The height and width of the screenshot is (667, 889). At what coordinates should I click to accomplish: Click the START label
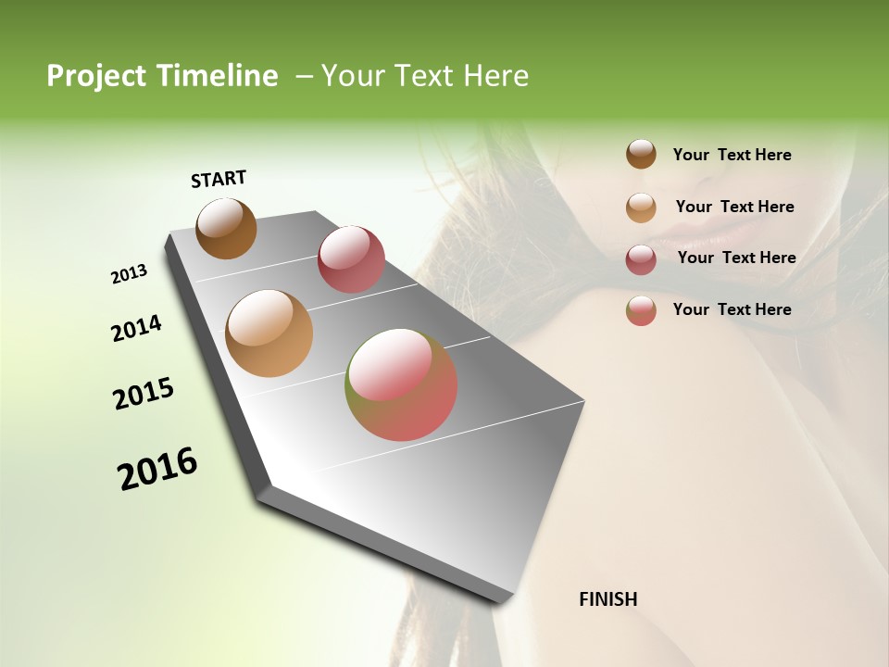click(219, 179)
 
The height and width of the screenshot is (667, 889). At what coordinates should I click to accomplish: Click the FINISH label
click(607, 599)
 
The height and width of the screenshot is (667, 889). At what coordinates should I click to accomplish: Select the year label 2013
click(130, 274)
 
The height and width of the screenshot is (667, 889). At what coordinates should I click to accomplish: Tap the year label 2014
click(137, 328)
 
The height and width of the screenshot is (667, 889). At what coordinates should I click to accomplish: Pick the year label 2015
click(144, 393)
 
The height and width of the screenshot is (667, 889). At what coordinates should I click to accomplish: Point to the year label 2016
click(157, 469)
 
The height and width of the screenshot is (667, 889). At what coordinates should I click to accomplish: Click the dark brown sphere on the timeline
click(226, 228)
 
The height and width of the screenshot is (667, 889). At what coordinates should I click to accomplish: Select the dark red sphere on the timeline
click(351, 259)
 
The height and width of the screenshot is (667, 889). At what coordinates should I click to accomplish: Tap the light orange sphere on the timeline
click(269, 333)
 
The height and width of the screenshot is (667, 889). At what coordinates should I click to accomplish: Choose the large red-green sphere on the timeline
click(401, 384)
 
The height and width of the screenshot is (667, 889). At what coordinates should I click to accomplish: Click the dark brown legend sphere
click(641, 155)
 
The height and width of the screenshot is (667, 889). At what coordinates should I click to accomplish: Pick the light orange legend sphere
click(641, 208)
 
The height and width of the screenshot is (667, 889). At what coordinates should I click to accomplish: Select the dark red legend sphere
click(641, 258)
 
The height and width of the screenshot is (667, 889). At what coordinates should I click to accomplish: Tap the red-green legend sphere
click(641, 310)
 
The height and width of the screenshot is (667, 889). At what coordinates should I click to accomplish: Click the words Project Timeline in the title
click(162, 76)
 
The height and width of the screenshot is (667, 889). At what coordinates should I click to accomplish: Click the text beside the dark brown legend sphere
click(732, 155)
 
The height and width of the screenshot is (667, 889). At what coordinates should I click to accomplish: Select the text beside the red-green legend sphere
click(732, 309)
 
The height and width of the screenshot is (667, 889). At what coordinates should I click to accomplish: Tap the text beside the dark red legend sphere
click(736, 258)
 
